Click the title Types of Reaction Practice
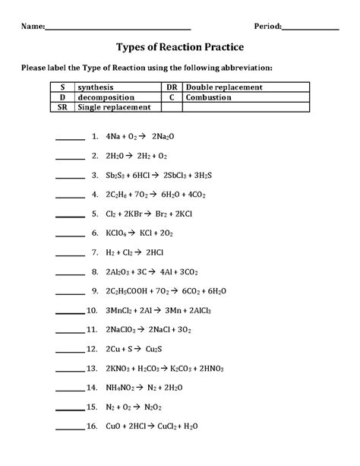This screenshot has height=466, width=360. [x=180, y=46]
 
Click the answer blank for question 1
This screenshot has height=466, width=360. [x=70, y=138]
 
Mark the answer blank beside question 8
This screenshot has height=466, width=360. [x=70, y=271]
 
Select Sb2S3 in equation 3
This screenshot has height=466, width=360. [x=117, y=175]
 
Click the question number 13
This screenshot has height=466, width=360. [x=93, y=368]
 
